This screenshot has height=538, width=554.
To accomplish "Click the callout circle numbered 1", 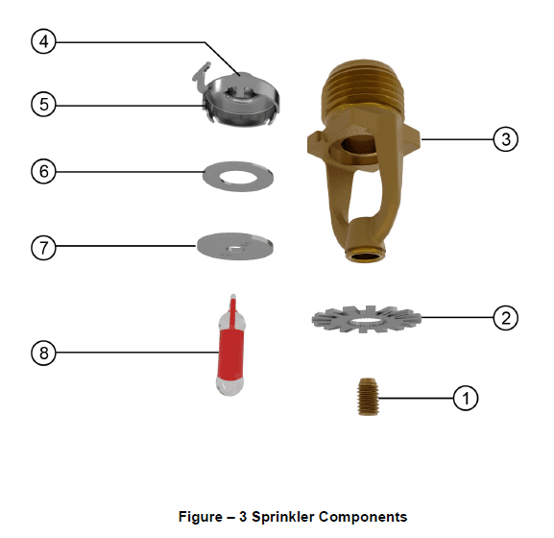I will click(465, 398).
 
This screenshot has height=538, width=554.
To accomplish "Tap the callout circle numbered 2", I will click(506, 317).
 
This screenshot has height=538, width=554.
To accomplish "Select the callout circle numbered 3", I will click(506, 139).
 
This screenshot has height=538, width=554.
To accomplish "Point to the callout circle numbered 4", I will click(43, 41).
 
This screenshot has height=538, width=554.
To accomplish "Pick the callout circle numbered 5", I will click(43, 104).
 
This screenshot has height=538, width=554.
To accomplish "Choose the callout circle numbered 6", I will click(43, 172).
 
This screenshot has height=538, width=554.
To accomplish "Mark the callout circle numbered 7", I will click(43, 246).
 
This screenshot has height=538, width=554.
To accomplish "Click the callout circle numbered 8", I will click(43, 353).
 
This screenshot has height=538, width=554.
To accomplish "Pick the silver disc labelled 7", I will click(234, 245).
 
